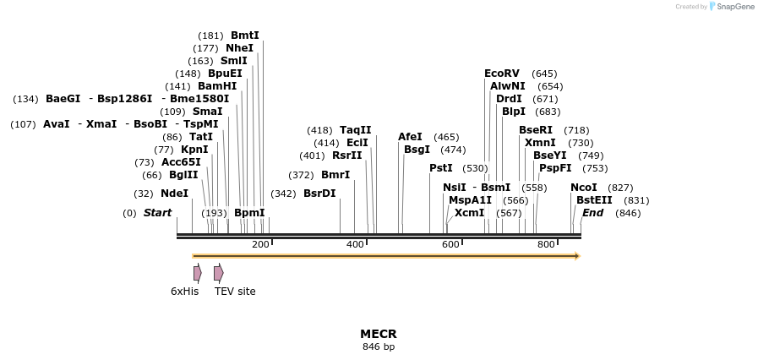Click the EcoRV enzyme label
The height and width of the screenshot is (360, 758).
tap(502, 74)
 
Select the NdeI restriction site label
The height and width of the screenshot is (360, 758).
tap(174, 194)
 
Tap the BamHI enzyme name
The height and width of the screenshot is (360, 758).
tap(217, 86)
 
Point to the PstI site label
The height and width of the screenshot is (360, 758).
tap(441, 168)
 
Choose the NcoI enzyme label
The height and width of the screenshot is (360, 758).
tap(584, 188)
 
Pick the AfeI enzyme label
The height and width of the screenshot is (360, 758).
tap(410, 137)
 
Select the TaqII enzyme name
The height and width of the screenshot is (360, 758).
tap(355, 130)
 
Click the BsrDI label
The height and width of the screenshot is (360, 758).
tap(319, 194)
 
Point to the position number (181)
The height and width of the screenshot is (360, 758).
tap(210, 35)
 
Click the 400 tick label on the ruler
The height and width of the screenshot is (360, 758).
tap(355, 245)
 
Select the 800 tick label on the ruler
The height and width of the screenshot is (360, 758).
tap(546, 245)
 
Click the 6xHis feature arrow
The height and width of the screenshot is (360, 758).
tap(197, 273)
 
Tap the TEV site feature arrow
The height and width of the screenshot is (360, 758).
tap(218, 273)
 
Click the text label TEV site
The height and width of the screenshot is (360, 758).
tap(235, 292)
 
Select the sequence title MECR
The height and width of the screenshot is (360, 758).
tap(378, 334)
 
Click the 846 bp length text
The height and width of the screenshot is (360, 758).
tap(378, 346)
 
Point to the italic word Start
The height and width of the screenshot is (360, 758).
tap(157, 213)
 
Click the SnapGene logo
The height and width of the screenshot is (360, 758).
tap(731, 7)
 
